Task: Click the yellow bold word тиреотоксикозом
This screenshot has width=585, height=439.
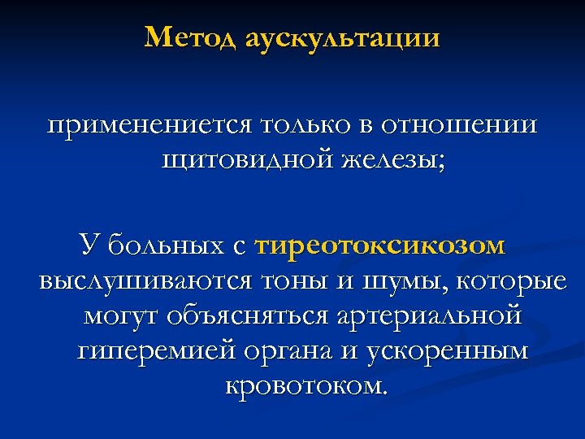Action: point(379,245)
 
